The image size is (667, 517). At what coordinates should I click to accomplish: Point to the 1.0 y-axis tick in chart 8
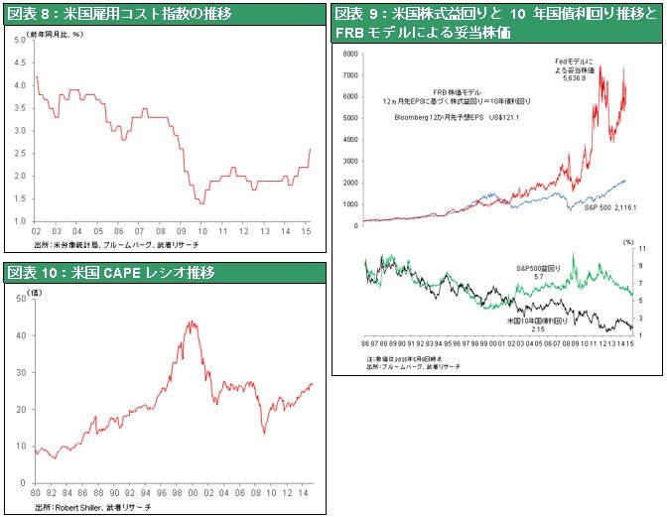21,220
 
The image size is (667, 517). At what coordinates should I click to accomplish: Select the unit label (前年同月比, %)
59,34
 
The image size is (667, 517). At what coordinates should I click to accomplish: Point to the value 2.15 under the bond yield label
540,328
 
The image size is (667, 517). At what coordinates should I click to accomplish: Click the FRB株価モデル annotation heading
463,89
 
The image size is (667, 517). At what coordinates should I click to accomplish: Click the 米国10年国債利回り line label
537,320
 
